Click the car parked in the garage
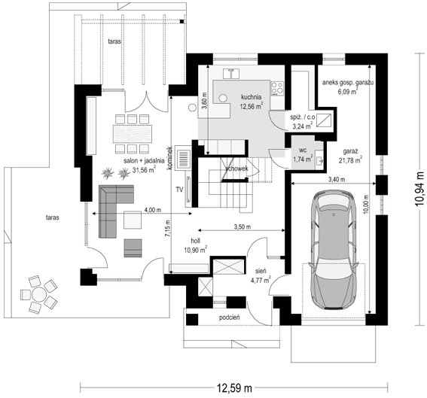point(333,250)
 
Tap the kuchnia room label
point(251,97)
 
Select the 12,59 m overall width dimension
point(234,388)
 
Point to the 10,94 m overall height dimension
point(419,189)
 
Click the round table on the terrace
point(38,294)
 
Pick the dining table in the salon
point(133,134)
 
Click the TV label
point(179,190)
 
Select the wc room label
point(303,150)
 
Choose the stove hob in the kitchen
point(277,88)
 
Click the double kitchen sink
point(231,74)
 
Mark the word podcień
point(230,317)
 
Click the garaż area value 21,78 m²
point(350,160)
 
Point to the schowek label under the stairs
point(236,169)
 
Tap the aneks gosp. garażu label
point(348,83)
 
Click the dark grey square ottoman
point(133,248)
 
